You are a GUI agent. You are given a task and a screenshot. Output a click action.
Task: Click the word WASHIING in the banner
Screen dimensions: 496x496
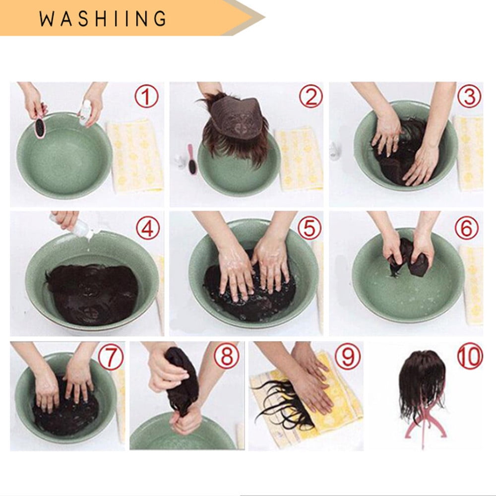tap(103, 19)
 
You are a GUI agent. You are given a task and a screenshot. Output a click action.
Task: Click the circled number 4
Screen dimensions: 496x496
tap(148, 228)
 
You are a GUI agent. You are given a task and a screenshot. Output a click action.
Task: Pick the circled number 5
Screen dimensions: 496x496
tap(310, 228)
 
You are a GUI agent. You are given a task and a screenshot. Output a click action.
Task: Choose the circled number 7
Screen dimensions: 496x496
tap(110, 358)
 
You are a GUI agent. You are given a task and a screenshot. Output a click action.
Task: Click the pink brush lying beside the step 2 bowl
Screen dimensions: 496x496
tap(192, 159)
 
